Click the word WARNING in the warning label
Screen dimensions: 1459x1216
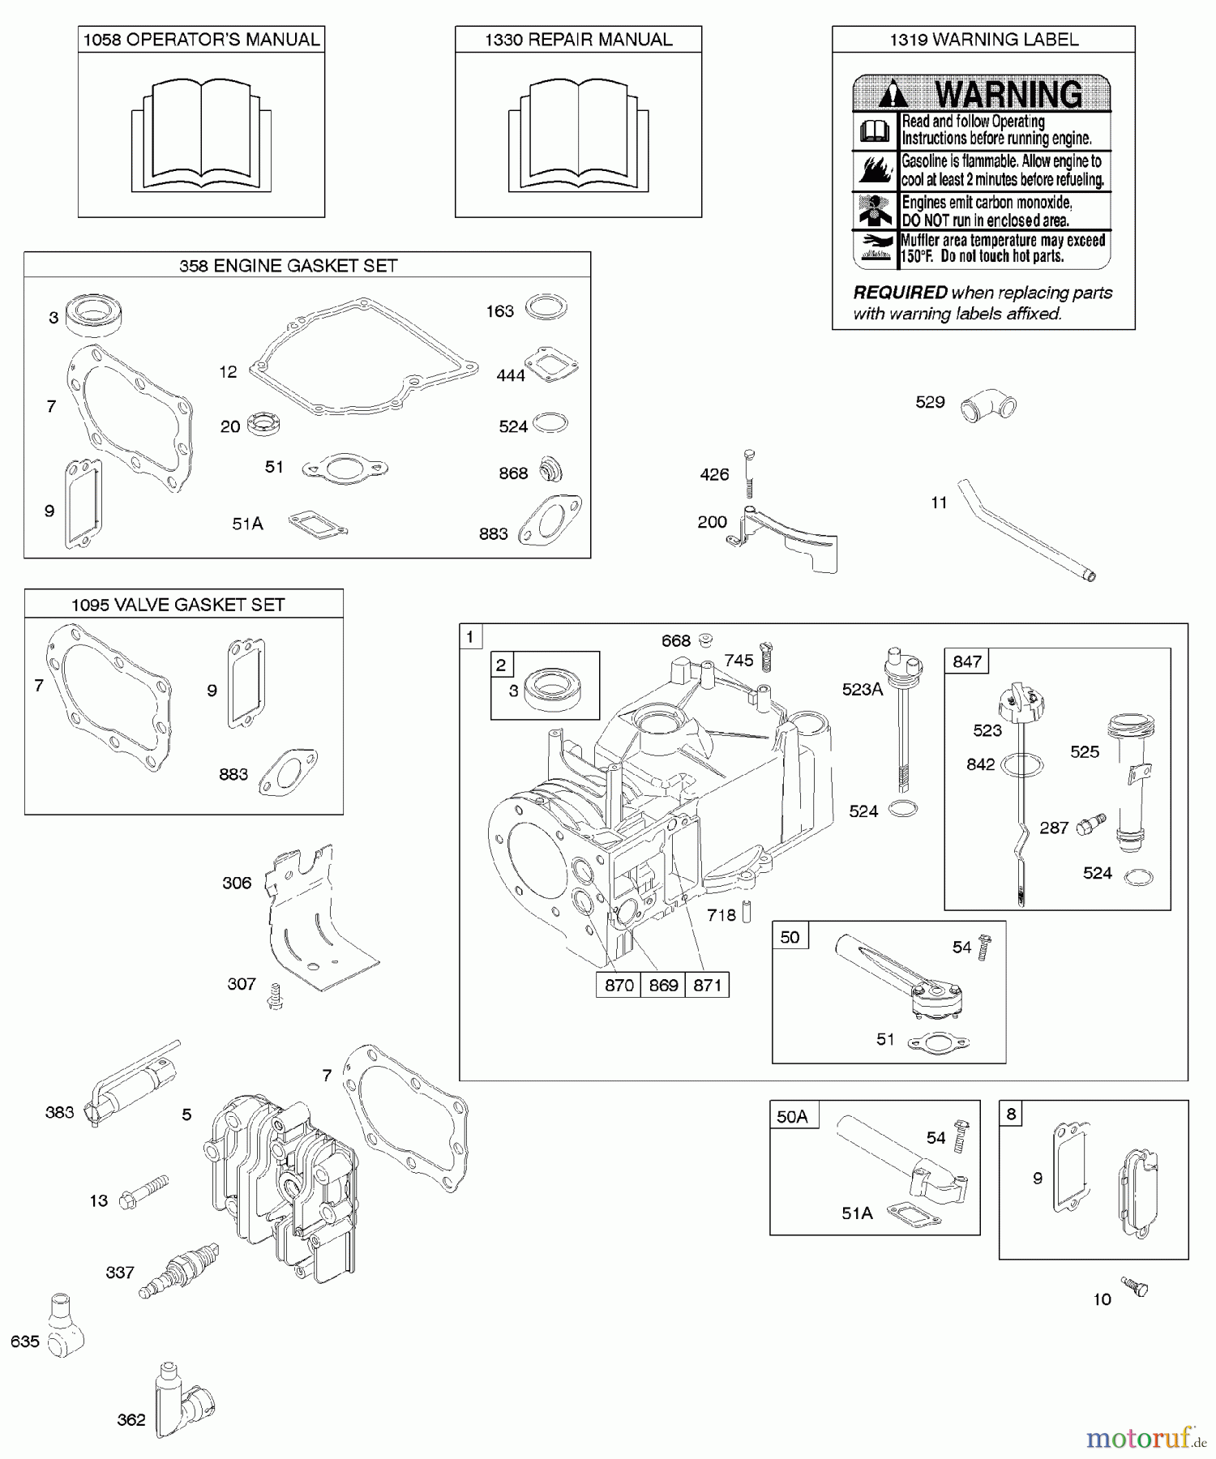pos(1008,94)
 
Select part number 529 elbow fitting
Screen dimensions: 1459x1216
pos(988,406)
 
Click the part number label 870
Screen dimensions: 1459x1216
pos(619,985)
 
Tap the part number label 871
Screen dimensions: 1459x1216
pos(707,985)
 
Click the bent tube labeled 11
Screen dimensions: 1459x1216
pos(1026,531)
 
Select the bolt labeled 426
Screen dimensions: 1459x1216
pos(748,473)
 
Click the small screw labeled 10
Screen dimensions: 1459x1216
pos(1134,1286)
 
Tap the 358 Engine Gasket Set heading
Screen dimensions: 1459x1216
pos(288,266)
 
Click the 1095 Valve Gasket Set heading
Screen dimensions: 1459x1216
pos(178,605)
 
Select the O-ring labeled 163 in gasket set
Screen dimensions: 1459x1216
pos(546,308)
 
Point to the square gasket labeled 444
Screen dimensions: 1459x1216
pos(551,364)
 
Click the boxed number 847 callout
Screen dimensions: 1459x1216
pos(967,661)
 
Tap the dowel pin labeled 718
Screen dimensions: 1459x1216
pos(747,913)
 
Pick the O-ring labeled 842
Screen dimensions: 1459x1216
pos(1022,764)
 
